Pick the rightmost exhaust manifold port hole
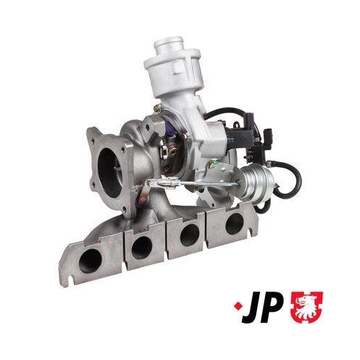[x=233, y=222]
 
